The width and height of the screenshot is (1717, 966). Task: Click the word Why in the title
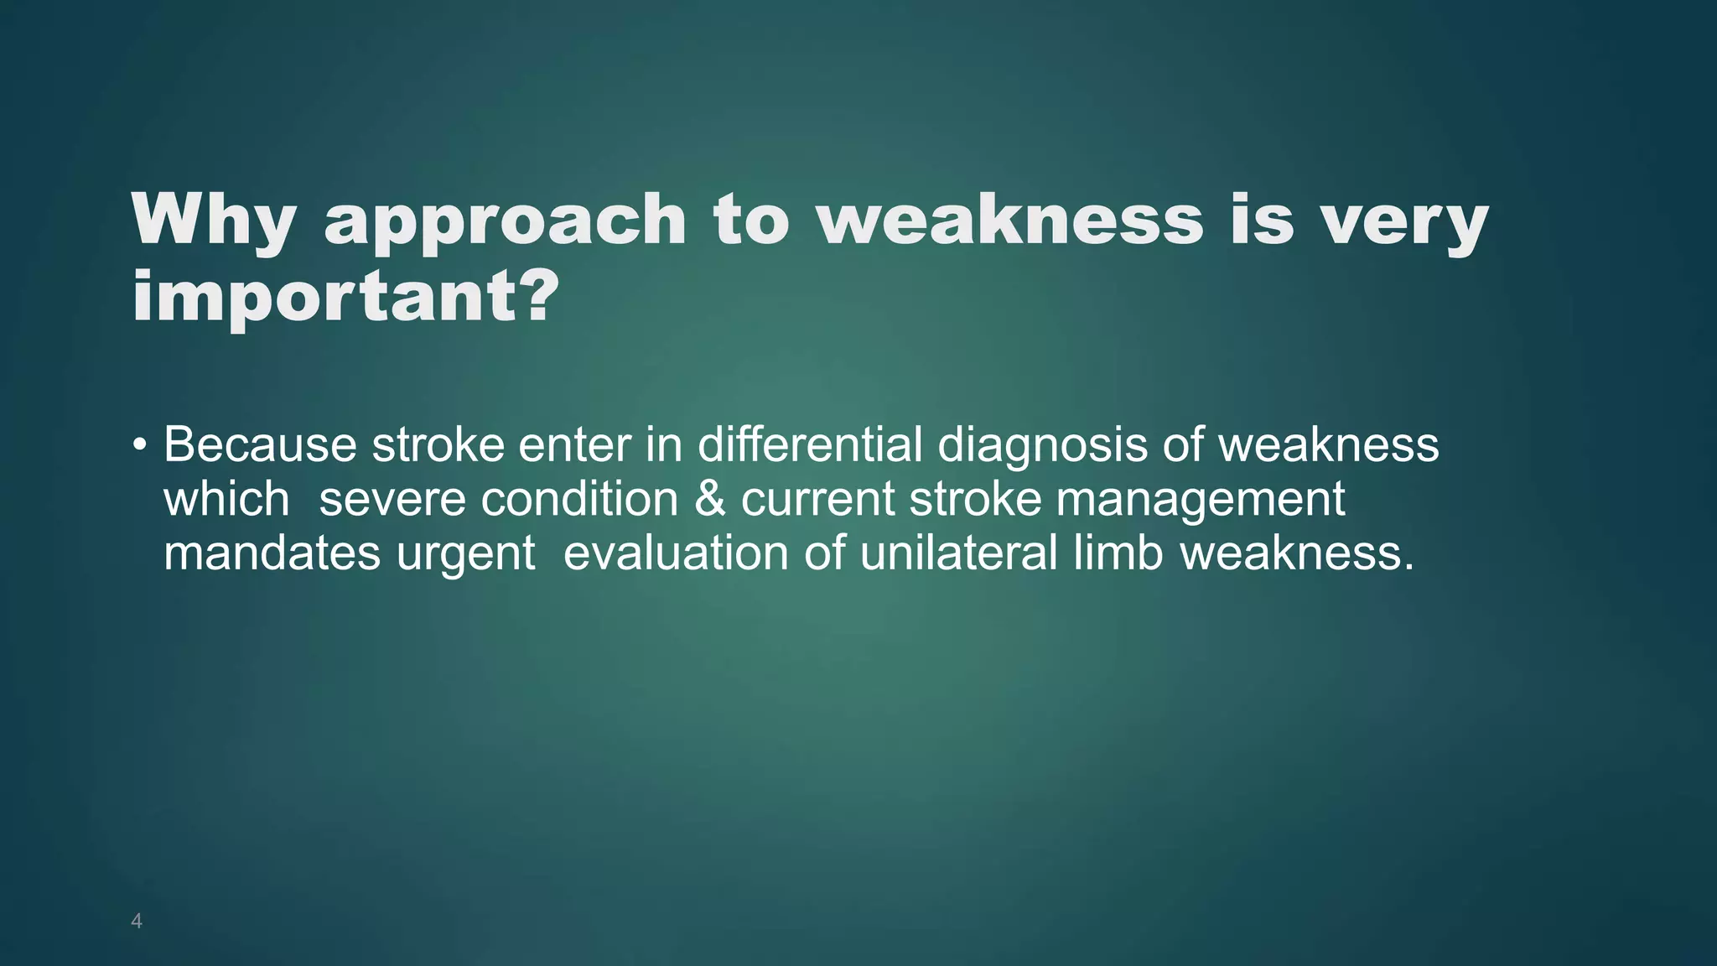213,221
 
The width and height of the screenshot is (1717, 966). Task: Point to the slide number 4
137,922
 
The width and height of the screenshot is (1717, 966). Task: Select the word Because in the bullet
260,444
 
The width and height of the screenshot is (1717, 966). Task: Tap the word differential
810,444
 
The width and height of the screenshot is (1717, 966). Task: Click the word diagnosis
1042,444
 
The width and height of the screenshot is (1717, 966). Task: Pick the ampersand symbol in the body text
709,499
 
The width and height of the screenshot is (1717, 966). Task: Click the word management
1200,501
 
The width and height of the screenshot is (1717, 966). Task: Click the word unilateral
958,553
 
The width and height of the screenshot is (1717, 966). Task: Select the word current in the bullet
817,499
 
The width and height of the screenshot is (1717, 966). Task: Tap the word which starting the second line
226,499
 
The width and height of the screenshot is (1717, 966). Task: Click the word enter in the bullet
574,444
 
